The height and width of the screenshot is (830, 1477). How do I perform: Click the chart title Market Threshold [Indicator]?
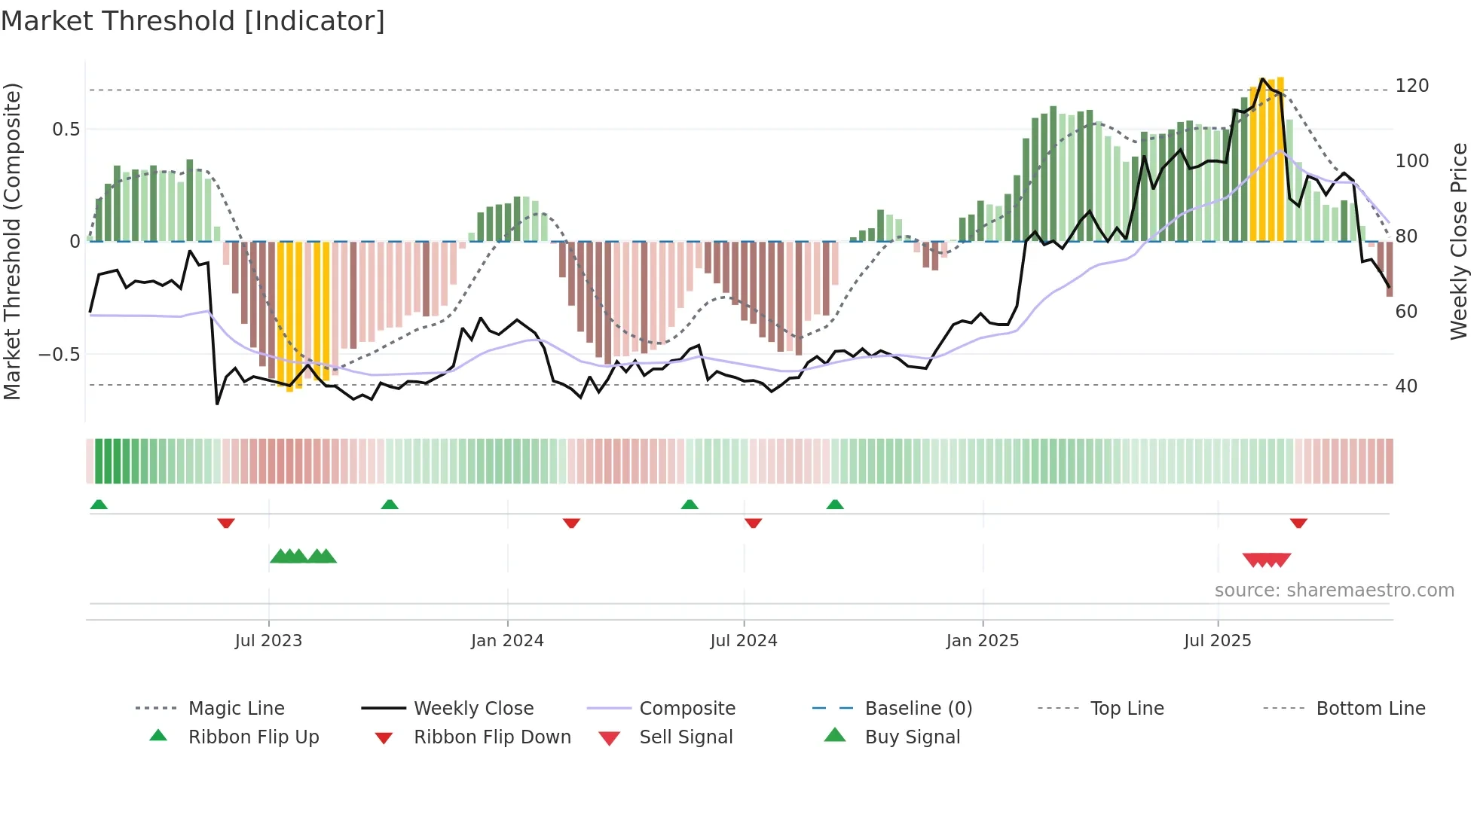[x=193, y=21]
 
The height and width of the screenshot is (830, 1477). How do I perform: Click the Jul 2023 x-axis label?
[x=268, y=640]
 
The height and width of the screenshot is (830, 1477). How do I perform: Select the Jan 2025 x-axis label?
[x=983, y=640]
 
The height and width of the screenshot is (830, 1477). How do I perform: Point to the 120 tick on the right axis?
[x=1411, y=86]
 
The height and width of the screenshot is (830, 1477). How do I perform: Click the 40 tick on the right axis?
[x=1406, y=386]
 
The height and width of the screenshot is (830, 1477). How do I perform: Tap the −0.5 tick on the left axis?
[x=59, y=354]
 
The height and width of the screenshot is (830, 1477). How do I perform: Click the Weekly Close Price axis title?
[x=1459, y=241]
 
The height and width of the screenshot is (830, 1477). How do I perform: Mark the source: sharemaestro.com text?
[x=1334, y=590]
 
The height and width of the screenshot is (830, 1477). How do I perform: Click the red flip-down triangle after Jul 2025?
[x=1298, y=523]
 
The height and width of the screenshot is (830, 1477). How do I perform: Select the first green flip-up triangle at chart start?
[x=99, y=505]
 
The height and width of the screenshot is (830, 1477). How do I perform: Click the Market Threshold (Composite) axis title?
[x=12, y=241]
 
